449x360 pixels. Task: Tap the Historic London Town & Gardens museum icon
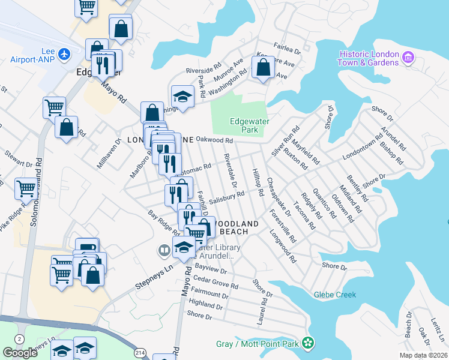pyautogui.click(x=409, y=58)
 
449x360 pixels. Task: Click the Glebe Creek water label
pyautogui.click(x=335, y=295)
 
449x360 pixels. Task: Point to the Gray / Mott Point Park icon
pyautogui.click(x=308, y=343)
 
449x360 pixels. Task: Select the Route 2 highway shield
pyautogui.click(x=20, y=339)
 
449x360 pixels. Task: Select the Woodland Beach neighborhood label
pyautogui.click(x=240, y=227)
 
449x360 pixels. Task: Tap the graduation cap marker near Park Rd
pyautogui.click(x=182, y=96)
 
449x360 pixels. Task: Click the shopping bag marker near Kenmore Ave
pyautogui.click(x=263, y=68)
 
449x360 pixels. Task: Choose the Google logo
pyautogui.click(x=20, y=353)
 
